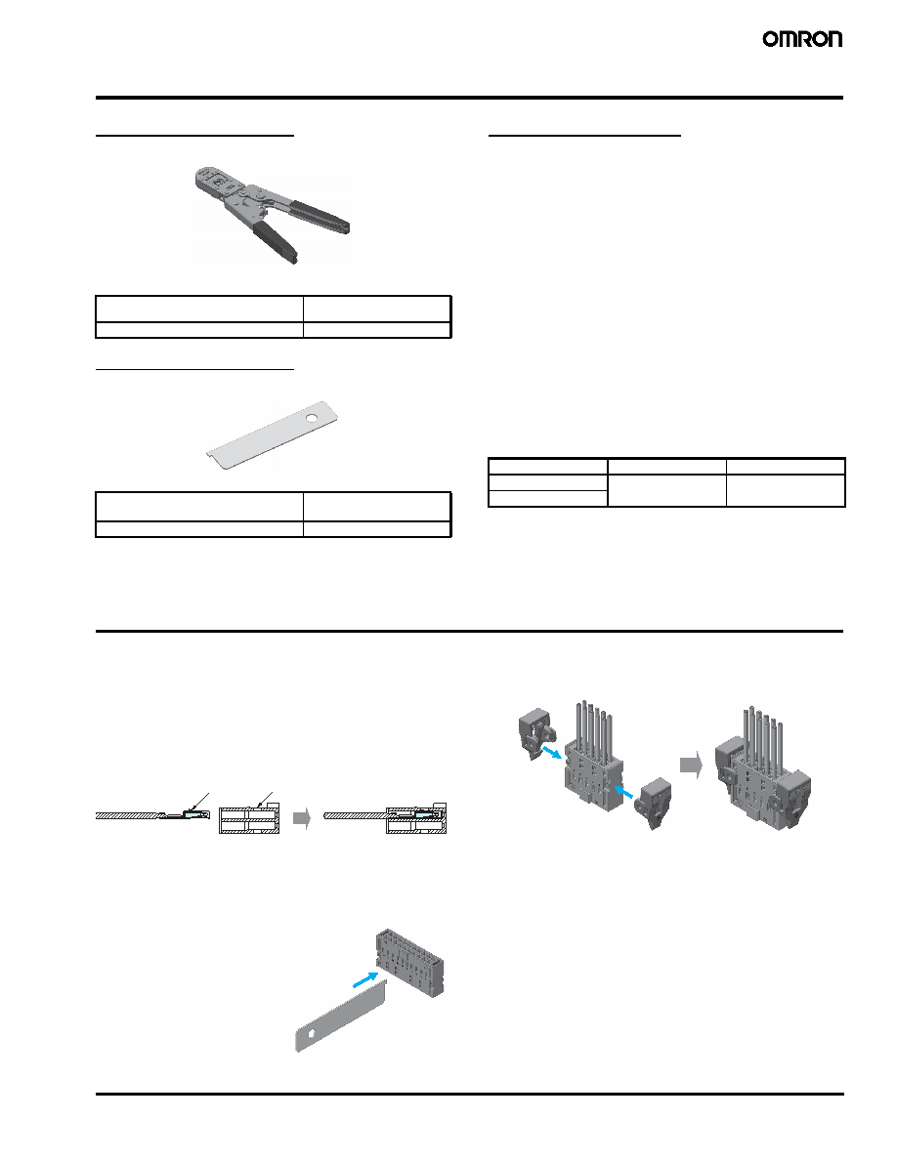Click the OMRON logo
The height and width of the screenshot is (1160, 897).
click(x=802, y=39)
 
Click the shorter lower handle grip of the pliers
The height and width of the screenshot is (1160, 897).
click(x=276, y=242)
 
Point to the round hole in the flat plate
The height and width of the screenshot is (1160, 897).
click(x=313, y=420)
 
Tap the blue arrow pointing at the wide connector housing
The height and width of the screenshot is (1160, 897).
click(x=363, y=978)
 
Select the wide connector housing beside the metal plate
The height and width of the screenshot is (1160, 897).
click(x=410, y=962)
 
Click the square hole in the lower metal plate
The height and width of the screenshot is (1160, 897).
click(x=312, y=1033)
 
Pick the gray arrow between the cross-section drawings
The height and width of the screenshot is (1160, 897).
click(x=302, y=818)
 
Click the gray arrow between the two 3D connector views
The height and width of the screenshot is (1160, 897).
click(x=691, y=765)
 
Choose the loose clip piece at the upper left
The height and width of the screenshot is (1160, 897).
click(x=537, y=734)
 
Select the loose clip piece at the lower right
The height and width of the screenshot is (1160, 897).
click(x=655, y=803)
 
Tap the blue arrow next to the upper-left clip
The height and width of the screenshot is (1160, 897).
click(x=553, y=752)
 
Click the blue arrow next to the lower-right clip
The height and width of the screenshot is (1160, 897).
click(x=625, y=792)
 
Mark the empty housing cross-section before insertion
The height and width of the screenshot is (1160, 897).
click(x=249, y=819)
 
